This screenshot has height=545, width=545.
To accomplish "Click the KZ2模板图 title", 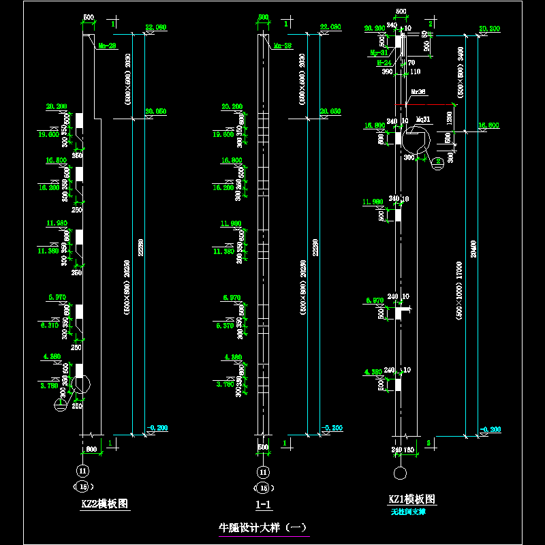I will point(104,504).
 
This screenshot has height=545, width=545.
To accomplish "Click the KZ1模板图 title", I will point(412,499).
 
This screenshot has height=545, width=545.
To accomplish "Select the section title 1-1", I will point(263,505).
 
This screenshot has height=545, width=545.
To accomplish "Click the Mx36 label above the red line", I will point(418,91).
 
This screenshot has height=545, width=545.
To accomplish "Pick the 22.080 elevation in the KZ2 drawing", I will point(156,27).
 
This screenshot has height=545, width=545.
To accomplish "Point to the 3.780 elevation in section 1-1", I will point(225,384).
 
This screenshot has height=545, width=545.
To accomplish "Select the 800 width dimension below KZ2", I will point(91,449).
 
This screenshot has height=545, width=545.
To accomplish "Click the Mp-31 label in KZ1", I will point(379,52).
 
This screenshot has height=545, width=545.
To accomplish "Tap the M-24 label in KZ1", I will point(384,62).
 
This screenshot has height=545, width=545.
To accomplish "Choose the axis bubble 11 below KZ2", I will point(82,471).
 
